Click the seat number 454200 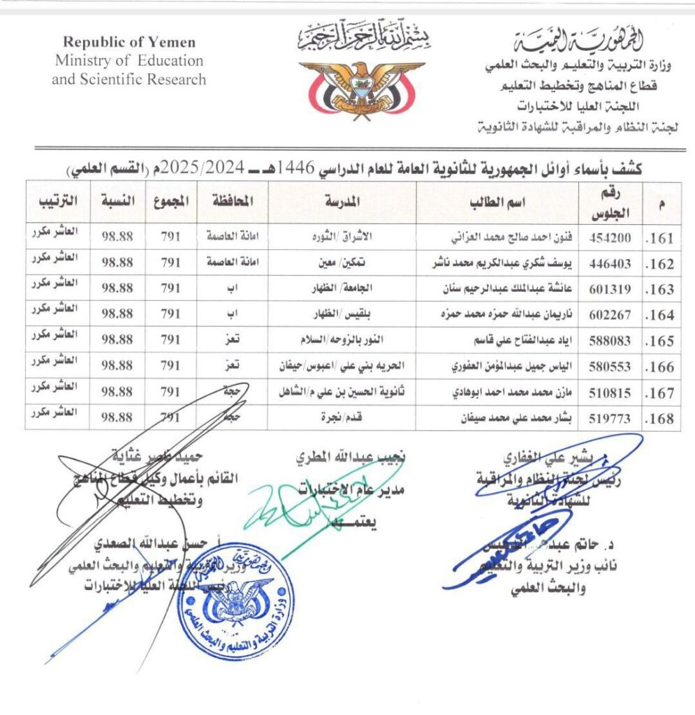pyautogui.click(x=610, y=238)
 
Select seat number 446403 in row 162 pyautogui.click(x=610, y=263)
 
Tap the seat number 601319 pyautogui.click(x=610, y=288)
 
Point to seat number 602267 pyautogui.click(x=610, y=314)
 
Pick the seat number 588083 pyautogui.click(x=610, y=340)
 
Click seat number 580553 pyautogui.click(x=610, y=366)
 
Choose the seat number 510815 pyautogui.click(x=610, y=392)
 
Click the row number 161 pyautogui.click(x=661, y=239)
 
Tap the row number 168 pyautogui.click(x=661, y=418)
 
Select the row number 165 pyautogui.click(x=661, y=341)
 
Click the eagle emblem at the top pyautogui.click(x=360, y=87)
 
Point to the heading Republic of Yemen pyautogui.click(x=129, y=43)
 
